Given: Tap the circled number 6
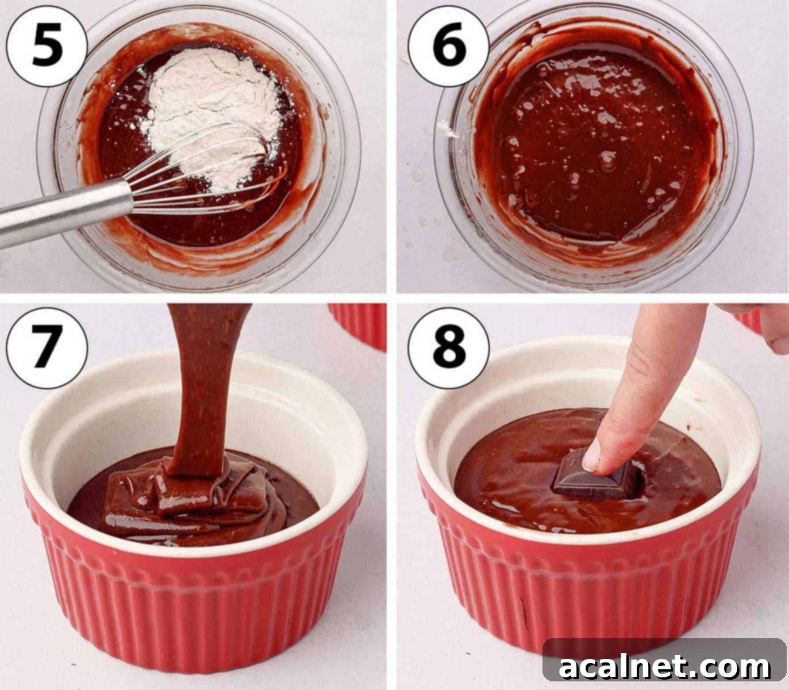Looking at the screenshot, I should click(x=449, y=44).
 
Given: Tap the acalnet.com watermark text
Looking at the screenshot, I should click(x=664, y=667).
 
